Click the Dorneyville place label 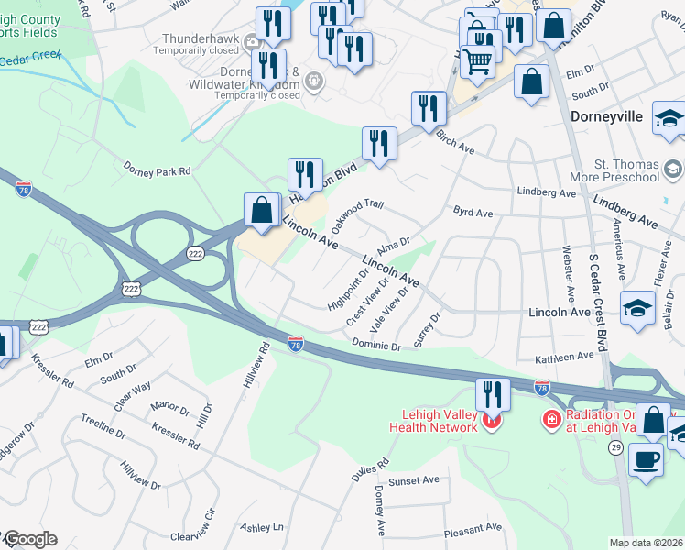pyautogui.click(x=606, y=117)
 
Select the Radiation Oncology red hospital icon pyautogui.click(x=551, y=420)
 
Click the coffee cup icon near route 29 pyautogui.click(x=647, y=458)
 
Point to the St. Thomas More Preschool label pyautogui.click(x=626, y=170)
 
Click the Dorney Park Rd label pyautogui.click(x=157, y=170)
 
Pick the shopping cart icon pyautogui.click(x=477, y=62)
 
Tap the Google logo pyautogui.click(x=29, y=539)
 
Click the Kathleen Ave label pyautogui.click(x=565, y=357)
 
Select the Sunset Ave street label pyautogui.click(x=413, y=480)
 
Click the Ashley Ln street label pyautogui.click(x=262, y=528)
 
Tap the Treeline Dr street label pyautogui.click(x=103, y=425)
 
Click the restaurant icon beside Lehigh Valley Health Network pyautogui.click(x=494, y=394)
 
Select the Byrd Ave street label pyautogui.click(x=473, y=213)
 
